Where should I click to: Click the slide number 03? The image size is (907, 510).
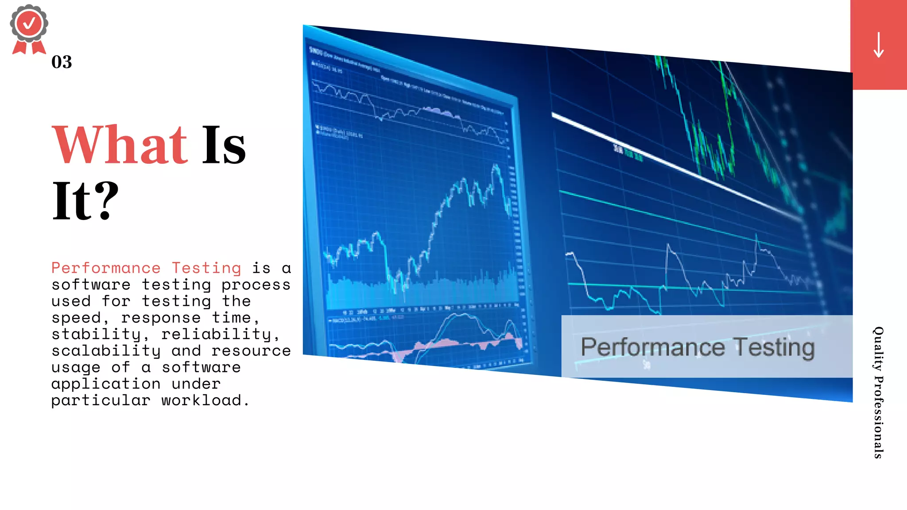(62, 62)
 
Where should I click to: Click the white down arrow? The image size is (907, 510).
(879, 45)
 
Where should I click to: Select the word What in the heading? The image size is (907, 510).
(120, 145)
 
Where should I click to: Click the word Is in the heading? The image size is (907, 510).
(224, 145)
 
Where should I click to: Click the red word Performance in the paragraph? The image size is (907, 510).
(106, 268)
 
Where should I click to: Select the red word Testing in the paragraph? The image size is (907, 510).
(206, 268)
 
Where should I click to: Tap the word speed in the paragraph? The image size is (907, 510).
(77, 318)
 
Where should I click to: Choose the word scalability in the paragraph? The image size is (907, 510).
(106, 351)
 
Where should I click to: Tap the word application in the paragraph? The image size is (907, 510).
(106, 384)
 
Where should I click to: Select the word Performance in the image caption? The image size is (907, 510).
(652, 347)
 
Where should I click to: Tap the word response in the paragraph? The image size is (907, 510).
(161, 318)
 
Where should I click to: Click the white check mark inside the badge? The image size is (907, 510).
(29, 23)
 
